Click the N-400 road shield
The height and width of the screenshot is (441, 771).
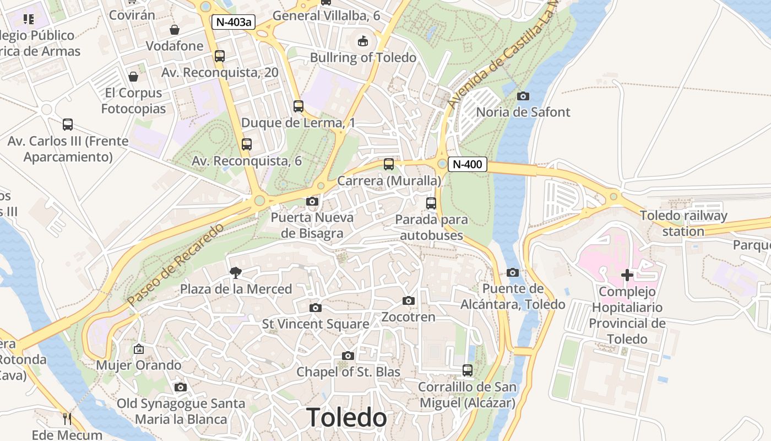[x=467, y=164]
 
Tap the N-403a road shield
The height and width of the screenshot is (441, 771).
[x=234, y=22]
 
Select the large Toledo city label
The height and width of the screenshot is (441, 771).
[x=346, y=417]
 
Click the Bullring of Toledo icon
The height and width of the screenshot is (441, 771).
[x=363, y=41]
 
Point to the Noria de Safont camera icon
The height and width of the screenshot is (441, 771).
[x=523, y=96]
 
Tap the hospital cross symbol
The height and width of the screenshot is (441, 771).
[x=627, y=275]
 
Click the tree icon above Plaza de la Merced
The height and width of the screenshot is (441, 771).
[x=236, y=272]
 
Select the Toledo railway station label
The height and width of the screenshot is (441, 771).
[x=683, y=223]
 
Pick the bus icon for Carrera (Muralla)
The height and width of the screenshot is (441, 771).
[x=389, y=164]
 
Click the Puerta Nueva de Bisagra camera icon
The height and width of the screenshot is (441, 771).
[x=312, y=201]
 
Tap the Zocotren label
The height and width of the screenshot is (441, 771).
[x=408, y=317]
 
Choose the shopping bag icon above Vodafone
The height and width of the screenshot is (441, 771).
[x=175, y=30]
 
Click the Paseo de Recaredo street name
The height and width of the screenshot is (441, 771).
[x=176, y=265]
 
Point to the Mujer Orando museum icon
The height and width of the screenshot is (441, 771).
[x=138, y=349]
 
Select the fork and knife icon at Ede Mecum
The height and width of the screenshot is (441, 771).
[x=67, y=419]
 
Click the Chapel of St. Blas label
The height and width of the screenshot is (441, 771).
[x=348, y=372]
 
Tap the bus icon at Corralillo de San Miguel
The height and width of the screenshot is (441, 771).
[x=467, y=370]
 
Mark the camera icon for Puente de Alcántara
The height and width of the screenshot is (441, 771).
[x=513, y=272]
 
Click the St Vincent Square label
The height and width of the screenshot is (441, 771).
[x=315, y=324]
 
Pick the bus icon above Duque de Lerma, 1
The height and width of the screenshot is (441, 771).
[x=298, y=106]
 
